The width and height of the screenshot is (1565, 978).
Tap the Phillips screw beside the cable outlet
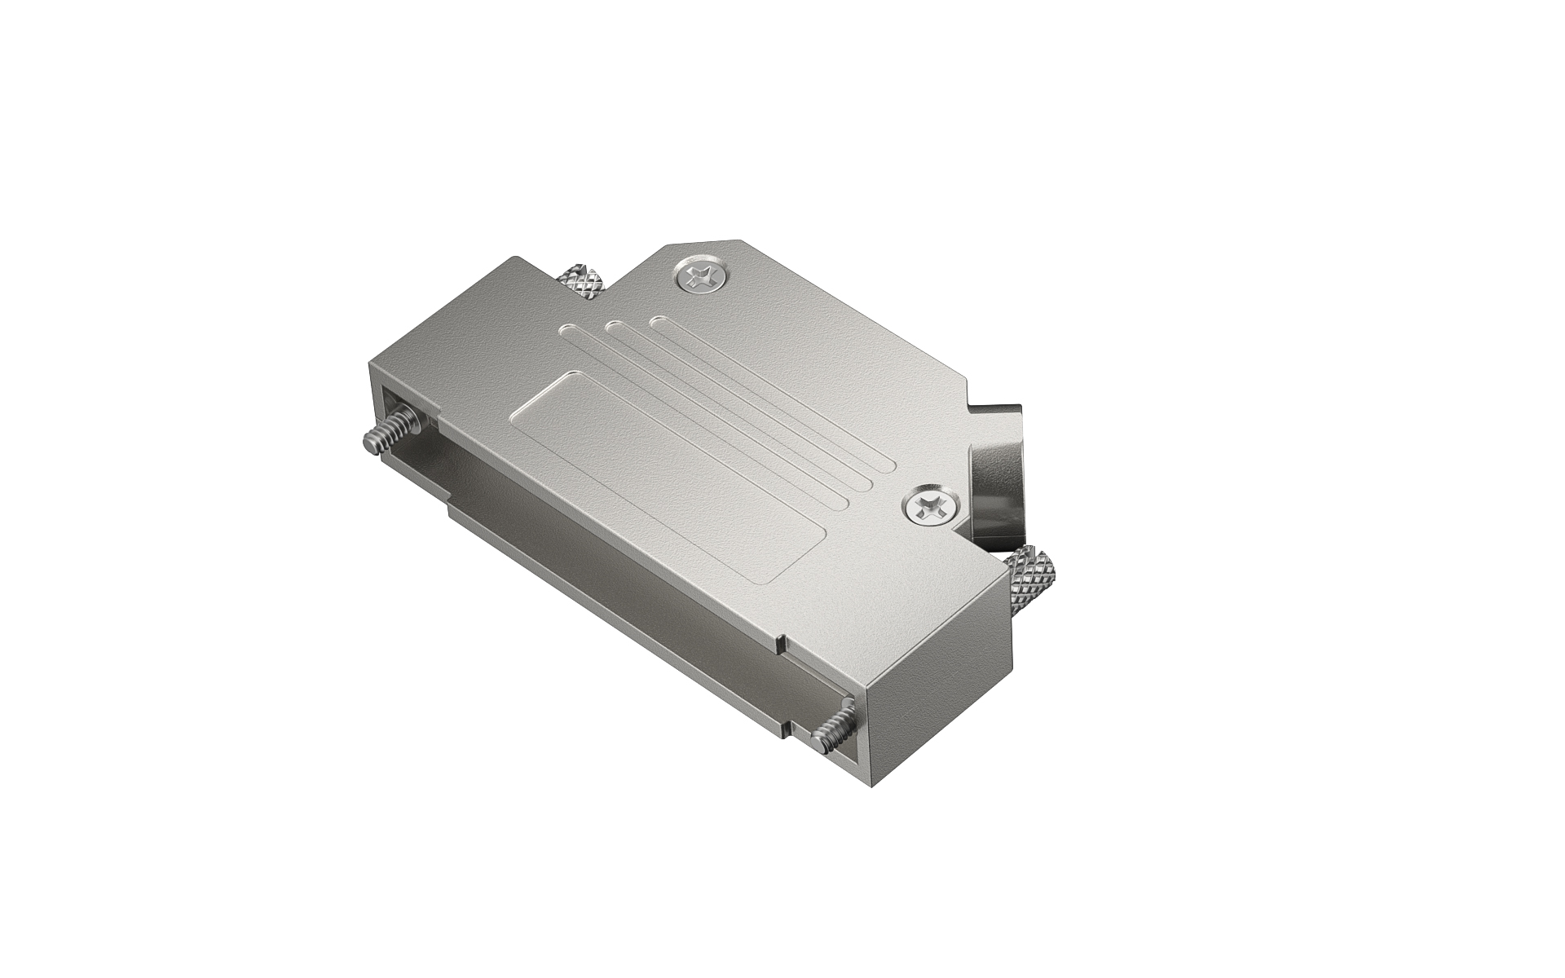[x=928, y=509]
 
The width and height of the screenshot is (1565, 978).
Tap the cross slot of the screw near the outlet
[x=928, y=509]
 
